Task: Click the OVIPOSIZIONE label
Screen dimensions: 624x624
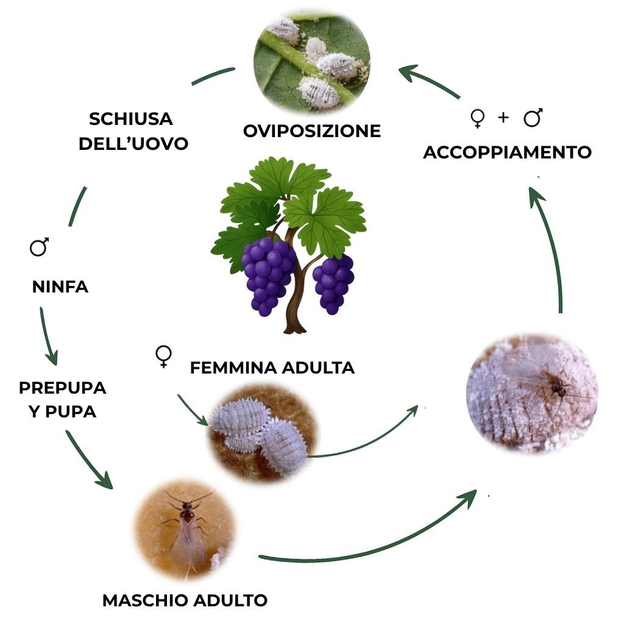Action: [311, 130]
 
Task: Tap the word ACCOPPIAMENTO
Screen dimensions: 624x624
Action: [507, 152]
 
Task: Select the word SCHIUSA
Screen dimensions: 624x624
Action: [130, 118]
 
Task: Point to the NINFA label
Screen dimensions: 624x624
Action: [60, 286]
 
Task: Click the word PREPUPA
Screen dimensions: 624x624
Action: [63, 388]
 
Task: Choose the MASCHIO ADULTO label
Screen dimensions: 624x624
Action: [185, 600]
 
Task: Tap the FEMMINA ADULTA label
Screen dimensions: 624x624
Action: [272, 367]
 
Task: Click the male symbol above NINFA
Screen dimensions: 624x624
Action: [40, 247]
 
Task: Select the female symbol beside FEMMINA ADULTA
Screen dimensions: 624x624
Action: [163, 356]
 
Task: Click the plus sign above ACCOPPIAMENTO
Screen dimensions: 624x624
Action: [503, 118]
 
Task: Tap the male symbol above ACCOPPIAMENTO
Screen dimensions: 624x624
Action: [533, 118]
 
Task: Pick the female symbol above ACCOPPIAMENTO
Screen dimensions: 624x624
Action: [478, 118]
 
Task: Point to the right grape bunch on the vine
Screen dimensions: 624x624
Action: [333, 282]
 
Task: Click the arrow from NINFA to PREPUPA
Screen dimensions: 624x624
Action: [48, 335]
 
